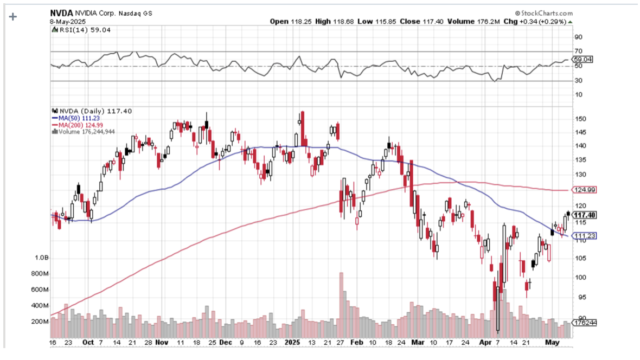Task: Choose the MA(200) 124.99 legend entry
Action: [x=75, y=125]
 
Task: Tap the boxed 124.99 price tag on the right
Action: [x=585, y=190]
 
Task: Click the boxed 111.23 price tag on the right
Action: [x=585, y=236]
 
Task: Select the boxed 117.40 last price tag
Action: [x=585, y=215]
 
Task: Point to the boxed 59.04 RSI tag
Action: [x=584, y=60]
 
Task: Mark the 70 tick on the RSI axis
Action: [x=579, y=52]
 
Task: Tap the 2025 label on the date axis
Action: [x=292, y=343]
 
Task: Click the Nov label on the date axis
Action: [x=162, y=343]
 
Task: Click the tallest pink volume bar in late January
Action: [x=341, y=304]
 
